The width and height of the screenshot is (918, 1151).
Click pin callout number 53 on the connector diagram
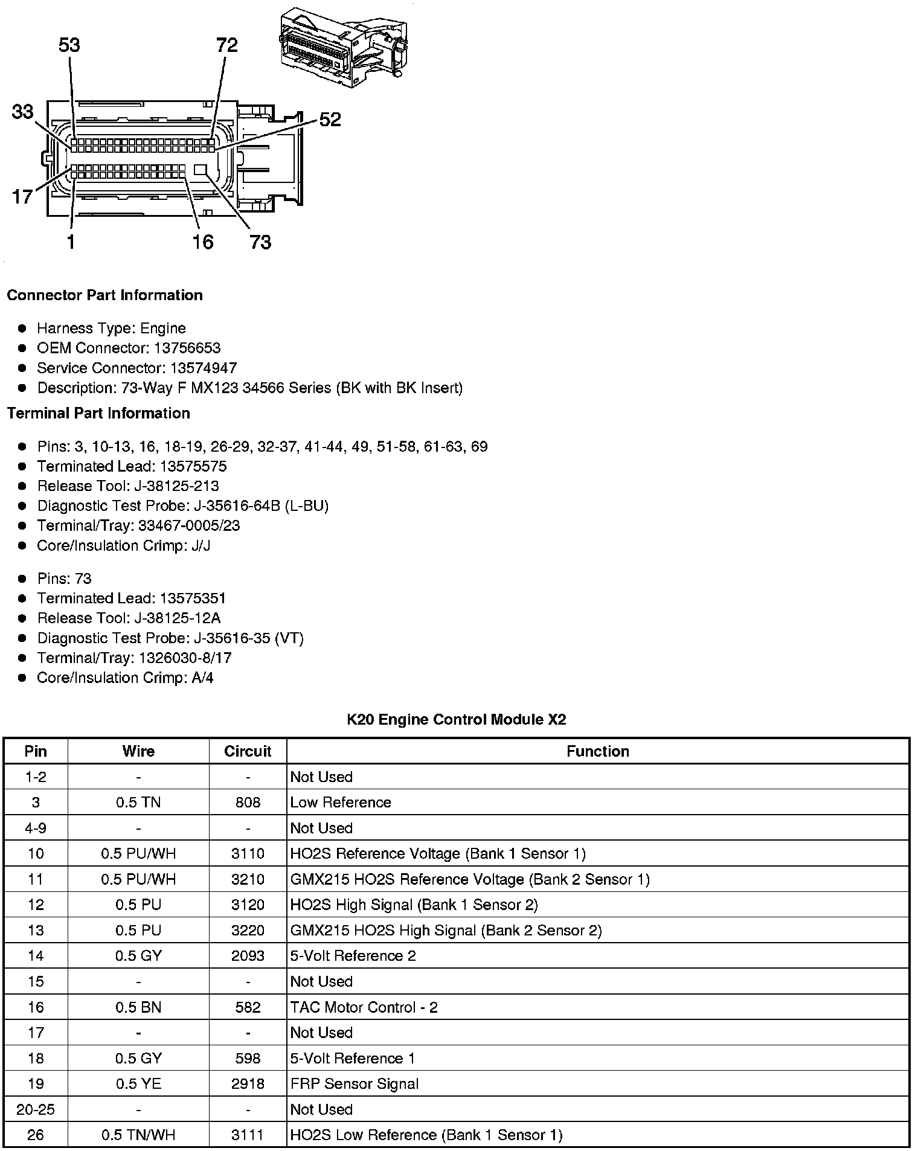(69, 45)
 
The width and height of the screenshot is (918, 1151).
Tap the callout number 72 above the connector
(226, 45)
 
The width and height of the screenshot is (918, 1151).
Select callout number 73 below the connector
(260, 242)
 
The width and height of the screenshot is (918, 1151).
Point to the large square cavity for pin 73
(201, 170)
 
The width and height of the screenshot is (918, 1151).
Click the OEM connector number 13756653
(187, 348)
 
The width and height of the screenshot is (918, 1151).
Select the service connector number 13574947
(204, 368)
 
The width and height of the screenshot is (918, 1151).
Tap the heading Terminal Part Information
(98, 413)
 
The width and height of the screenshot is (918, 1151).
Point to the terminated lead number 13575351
(193, 598)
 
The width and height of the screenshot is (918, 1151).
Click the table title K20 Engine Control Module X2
(457, 719)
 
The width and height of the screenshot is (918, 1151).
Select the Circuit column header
(248, 751)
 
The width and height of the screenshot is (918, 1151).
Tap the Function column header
(598, 751)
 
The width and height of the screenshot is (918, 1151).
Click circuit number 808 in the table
(248, 803)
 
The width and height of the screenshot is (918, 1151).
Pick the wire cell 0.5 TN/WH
(138, 1135)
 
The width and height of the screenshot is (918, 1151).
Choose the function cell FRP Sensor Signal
(355, 1084)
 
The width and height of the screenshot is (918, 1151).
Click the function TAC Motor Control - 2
(364, 1007)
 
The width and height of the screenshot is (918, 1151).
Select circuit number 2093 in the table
(248, 956)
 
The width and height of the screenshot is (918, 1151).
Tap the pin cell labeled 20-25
(36, 1109)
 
